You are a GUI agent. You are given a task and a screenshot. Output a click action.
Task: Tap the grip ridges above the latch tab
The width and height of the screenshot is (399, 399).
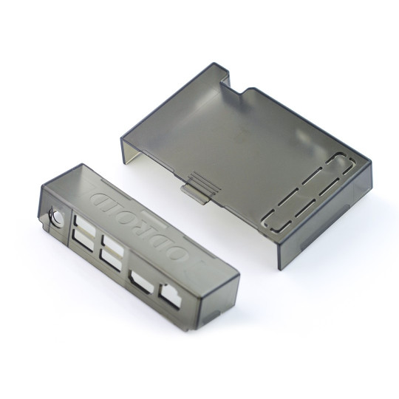coord(197,180)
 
